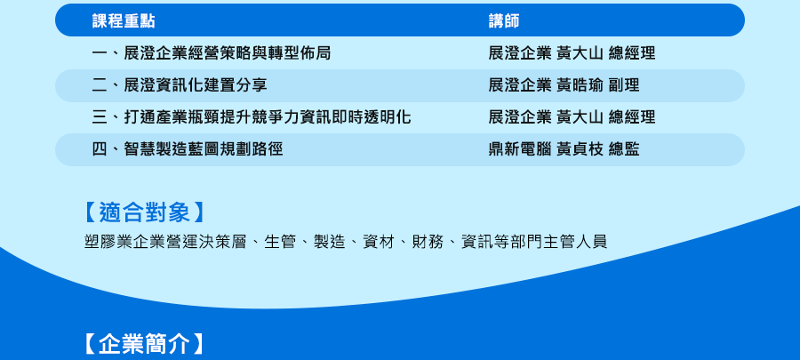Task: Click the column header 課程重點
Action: click(124, 21)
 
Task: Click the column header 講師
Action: click(504, 21)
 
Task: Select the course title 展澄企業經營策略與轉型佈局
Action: click(227, 53)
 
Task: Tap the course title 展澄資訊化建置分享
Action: click(196, 85)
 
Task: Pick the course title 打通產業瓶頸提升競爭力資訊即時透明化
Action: click(268, 117)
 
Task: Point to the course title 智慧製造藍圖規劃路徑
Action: click(203, 149)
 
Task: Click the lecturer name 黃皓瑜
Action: click(580, 85)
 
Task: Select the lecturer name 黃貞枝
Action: click(580, 149)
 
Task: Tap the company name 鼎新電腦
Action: click(520, 149)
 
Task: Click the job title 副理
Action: click(624, 85)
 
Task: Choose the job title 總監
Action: click(624, 149)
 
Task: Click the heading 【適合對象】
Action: click(144, 212)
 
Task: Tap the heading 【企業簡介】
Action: click(144, 344)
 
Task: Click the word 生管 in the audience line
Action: click(280, 241)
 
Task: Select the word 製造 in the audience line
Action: click(329, 241)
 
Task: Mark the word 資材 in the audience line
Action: click(379, 241)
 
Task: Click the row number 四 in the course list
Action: click(100, 149)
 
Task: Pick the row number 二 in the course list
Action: click(100, 85)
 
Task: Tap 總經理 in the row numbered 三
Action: click(632, 117)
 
